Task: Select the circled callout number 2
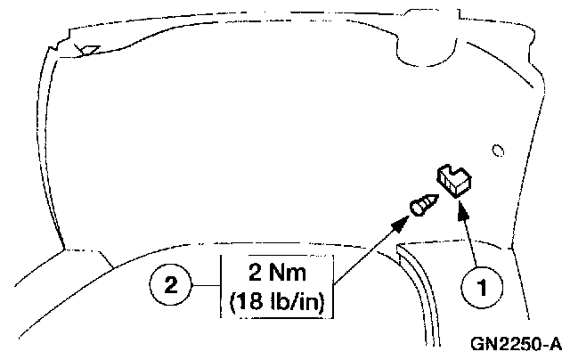point(172,285)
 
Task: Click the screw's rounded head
point(416,210)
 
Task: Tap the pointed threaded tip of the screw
point(433,200)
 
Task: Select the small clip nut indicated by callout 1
point(456,180)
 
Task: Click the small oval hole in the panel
point(498,149)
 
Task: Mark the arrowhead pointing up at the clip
point(462,210)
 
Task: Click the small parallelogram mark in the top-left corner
point(90,51)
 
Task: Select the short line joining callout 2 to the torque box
point(207,285)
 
